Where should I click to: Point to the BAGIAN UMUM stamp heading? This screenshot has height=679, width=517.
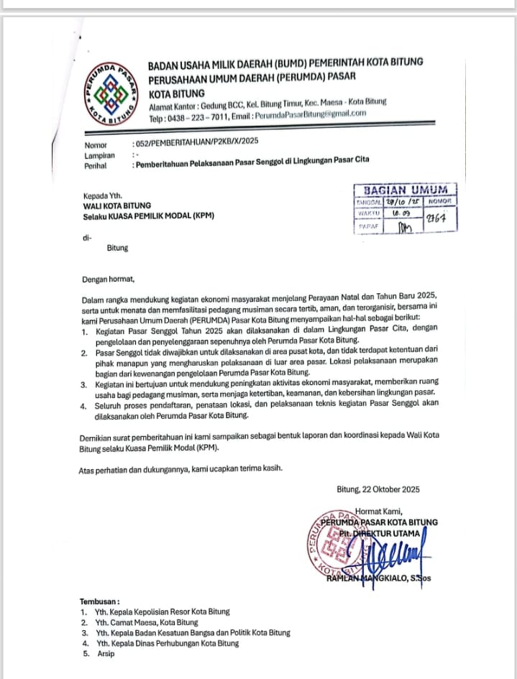pos(406,190)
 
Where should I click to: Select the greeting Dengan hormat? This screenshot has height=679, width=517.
pos(108,280)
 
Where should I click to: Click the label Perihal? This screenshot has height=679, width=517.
pos(96,165)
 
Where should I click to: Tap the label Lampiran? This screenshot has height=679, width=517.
pos(99,155)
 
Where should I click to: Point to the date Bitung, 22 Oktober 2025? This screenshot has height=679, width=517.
pos(378,489)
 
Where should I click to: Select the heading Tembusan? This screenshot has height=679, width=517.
pos(100,601)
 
